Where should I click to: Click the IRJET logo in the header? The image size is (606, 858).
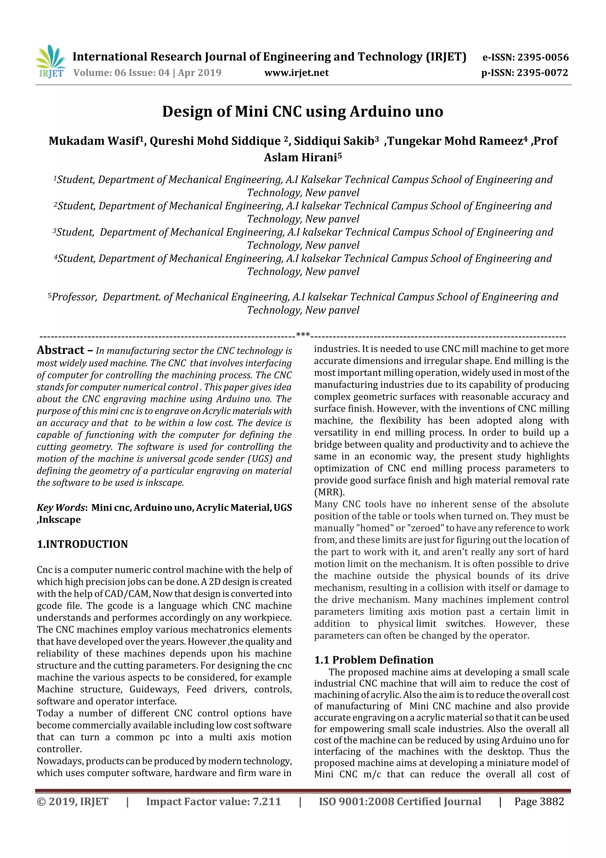[x=50, y=62]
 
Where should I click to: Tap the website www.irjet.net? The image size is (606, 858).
[x=296, y=73]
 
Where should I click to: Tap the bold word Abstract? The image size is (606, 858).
[x=60, y=350]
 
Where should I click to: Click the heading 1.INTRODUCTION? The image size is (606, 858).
[x=82, y=544]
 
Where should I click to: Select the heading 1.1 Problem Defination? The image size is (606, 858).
[x=373, y=660]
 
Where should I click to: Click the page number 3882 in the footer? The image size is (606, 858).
[x=552, y=801]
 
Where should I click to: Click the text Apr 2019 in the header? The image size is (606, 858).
[x=199, y=73]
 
